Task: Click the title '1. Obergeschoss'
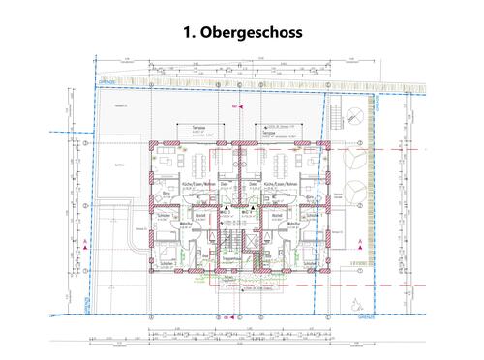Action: click(x=242, y=32)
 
